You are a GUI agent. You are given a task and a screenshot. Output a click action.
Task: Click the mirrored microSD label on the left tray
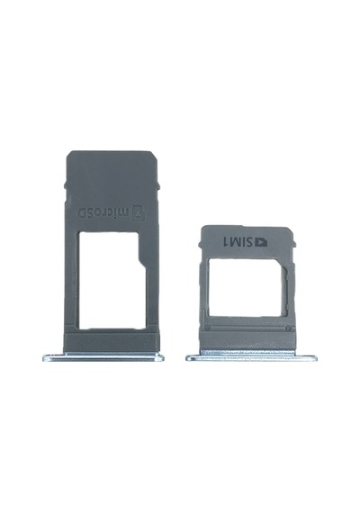(x=103, y=212)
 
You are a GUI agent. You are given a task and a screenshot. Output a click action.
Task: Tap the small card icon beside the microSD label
(x=139, y=213)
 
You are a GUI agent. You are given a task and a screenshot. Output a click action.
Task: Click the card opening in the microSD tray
(x=110, y=281)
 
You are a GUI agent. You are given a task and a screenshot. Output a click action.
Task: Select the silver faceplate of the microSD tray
(x=103, y=357)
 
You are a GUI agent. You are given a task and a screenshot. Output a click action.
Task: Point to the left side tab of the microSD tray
(x=65, y=185)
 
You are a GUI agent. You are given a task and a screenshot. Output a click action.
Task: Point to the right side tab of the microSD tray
(x=158, y=185)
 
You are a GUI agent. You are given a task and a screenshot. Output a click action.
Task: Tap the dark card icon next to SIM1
(x=260, y=242)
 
